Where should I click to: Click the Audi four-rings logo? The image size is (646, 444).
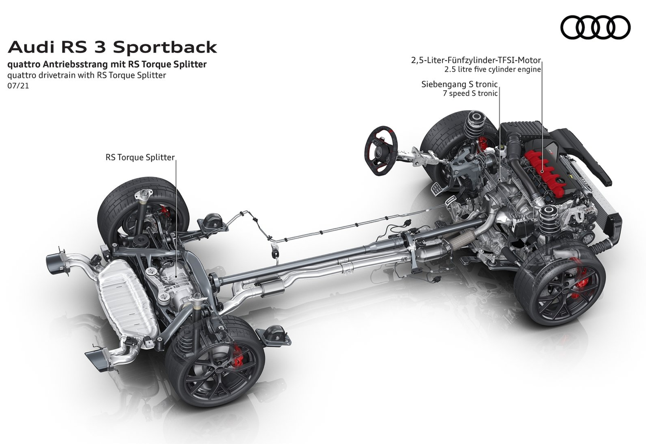point(595,27)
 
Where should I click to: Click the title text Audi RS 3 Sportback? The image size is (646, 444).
point(112,47)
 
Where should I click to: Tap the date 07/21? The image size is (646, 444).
point(18,86)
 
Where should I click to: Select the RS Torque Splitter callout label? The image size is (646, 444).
point(140,157)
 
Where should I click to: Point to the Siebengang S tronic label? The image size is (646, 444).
point(459,84)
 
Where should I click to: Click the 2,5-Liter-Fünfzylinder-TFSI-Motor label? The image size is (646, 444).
point(476,60)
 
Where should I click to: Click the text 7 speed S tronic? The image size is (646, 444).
point(470,93)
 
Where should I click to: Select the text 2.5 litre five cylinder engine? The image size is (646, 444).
point(493,70)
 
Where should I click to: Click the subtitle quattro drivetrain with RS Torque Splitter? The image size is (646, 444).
point(87,76)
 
